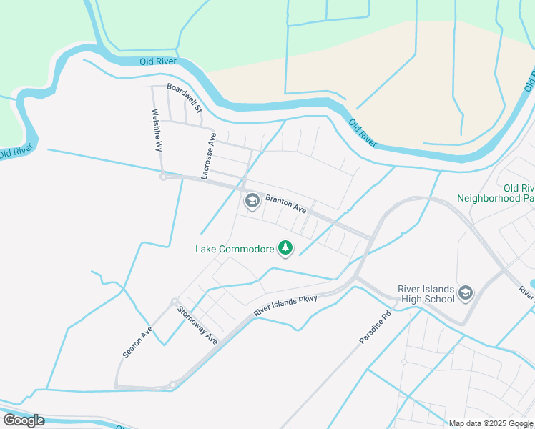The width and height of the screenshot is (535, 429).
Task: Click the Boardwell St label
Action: pos(185,98)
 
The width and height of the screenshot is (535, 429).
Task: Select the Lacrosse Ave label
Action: pos(208,155)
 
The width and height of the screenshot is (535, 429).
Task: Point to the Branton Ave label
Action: pos(286,205)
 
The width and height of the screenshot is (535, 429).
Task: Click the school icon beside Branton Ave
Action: pos(252,202)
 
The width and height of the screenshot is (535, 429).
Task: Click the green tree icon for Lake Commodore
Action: pos(286,249)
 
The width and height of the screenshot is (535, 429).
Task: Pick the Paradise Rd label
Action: pos(376,327)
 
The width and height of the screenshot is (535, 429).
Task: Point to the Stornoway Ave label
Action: pos(197,325)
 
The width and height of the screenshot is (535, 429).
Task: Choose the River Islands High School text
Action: pos(426,294)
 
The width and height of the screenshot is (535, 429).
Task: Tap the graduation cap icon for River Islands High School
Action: pos(466,292)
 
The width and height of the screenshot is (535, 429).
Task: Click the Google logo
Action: pos(24,420)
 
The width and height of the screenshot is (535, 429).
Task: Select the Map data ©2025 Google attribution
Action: pos(491,423)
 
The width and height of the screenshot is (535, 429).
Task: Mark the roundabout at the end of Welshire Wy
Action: pos(163,177)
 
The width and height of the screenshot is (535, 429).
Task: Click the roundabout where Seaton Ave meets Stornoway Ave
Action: pos(174,302)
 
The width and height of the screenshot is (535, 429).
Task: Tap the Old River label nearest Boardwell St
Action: pos(159,62)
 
